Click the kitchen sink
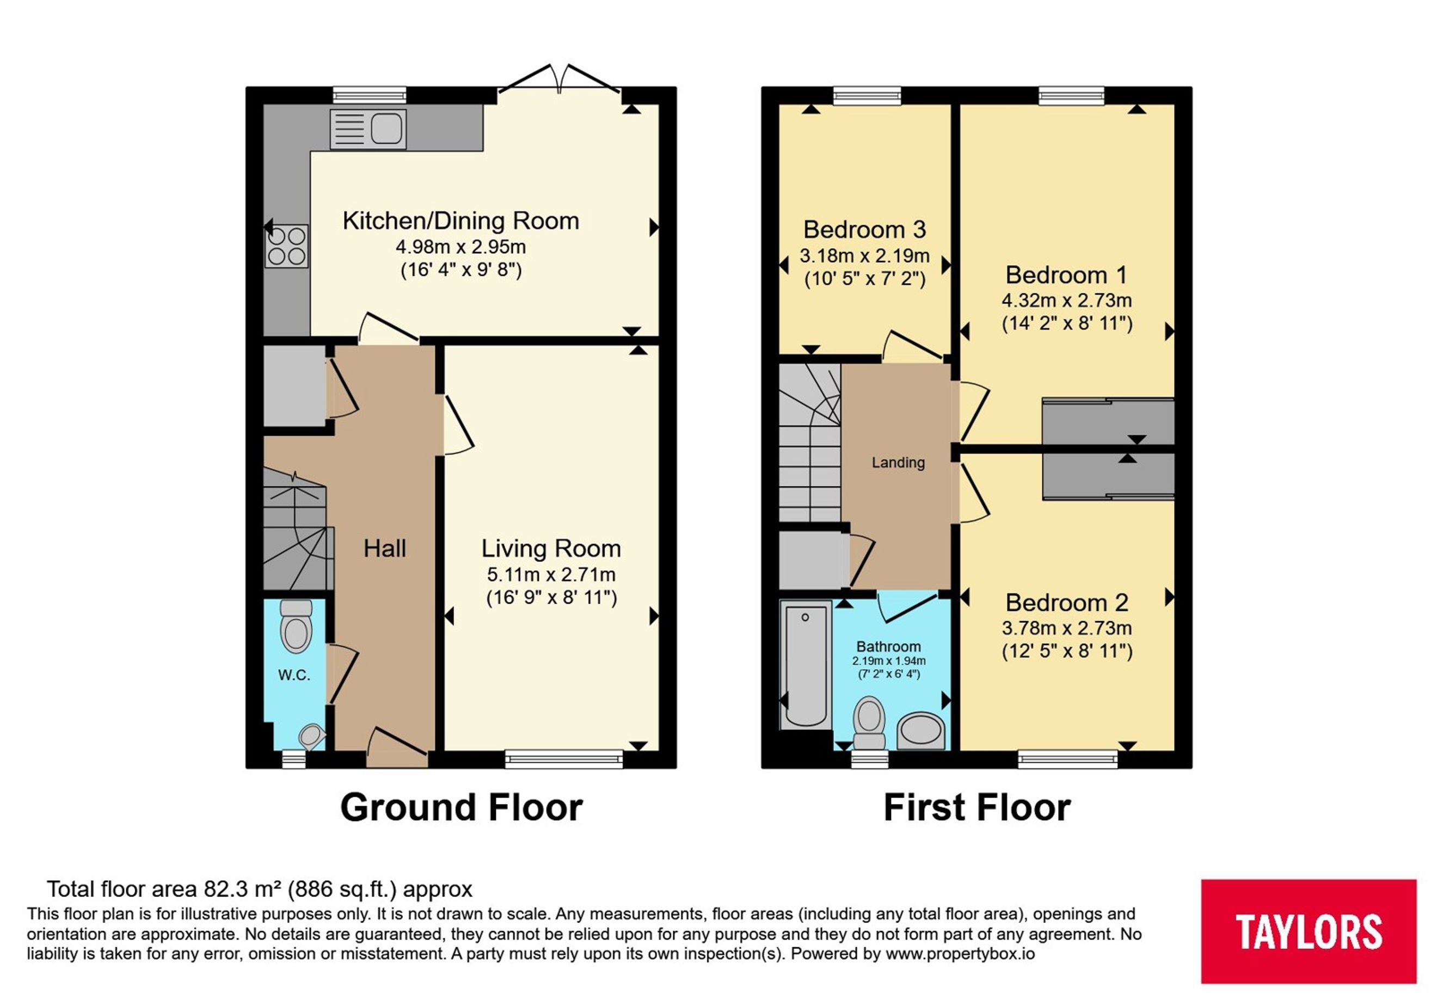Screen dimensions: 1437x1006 click(x=368, y=130)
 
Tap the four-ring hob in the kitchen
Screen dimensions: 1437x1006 click(x=287, y=246)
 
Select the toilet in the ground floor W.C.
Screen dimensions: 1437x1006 click(x=296, y=626)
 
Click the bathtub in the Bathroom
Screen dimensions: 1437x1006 click(x=806, y=665)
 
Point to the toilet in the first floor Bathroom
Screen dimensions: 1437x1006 click(x=869, y=723)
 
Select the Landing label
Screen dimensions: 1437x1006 click(x=898, y=463)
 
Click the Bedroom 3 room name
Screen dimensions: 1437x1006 click(x=864, y=230)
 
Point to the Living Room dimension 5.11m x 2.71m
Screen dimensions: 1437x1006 click(x=551, y=574)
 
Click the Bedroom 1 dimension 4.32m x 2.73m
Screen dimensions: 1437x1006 click(x=1067, y=300)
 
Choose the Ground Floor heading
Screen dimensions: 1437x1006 click(x=461, y=807)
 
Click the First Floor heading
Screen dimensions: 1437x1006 click(x=977, y=807)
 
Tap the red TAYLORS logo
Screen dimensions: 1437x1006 click(x=1309, y=931)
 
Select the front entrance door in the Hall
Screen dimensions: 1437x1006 click(x=397, y=747)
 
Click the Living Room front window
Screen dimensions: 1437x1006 click(x=564, y=759)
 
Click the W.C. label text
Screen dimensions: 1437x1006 click(x=294, y=675)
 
